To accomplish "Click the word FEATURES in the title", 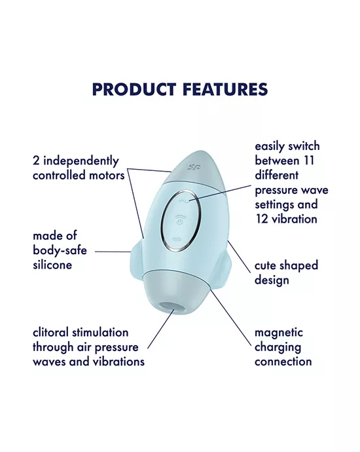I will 223,89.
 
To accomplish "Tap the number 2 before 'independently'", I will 35,160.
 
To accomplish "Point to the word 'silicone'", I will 52,265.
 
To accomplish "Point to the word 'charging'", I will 279,347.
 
